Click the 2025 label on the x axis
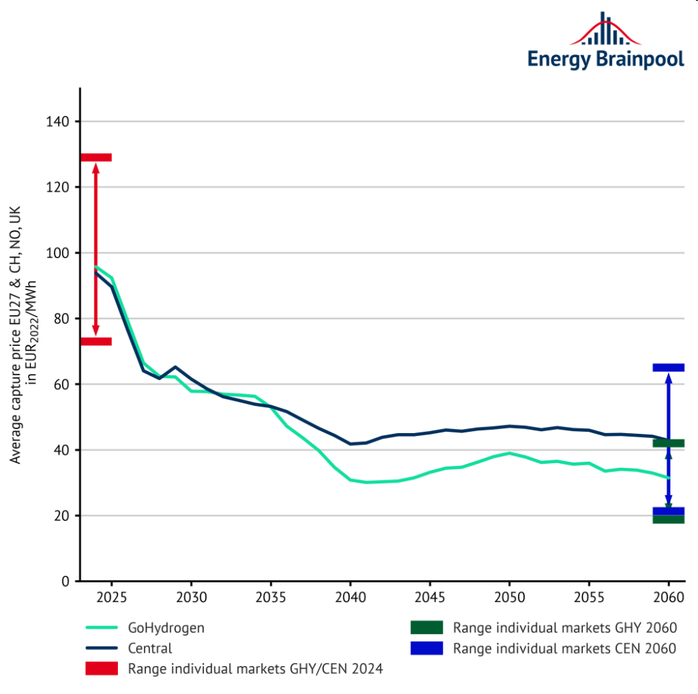[112, 598]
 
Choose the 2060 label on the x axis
[669, 598]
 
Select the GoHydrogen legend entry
[166, 628]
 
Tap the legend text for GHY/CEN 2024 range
[255, 669]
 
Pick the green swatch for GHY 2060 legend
[425, 628]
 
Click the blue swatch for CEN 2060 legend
[425, 648]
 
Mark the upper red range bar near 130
[96, 158]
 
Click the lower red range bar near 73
[96, 341]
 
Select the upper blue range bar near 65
[669, 368]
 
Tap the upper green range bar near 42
[669, 443]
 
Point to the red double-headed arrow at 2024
[96, 249]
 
